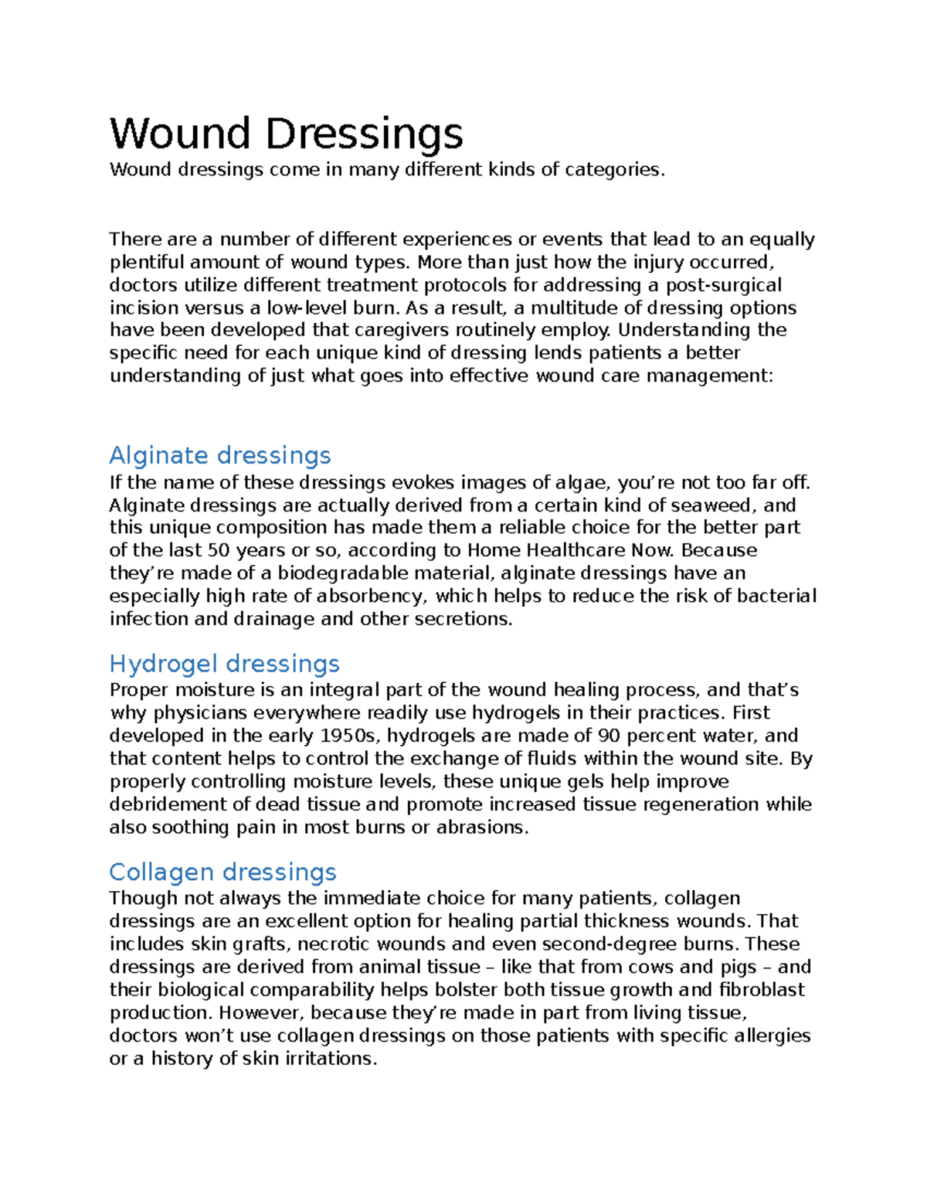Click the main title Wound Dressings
(286, 134)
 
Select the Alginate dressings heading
(220, 455)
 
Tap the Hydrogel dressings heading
(224, 664)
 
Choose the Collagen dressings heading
(222, 872)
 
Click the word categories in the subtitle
(614, 170)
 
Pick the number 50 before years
(219, 551)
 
